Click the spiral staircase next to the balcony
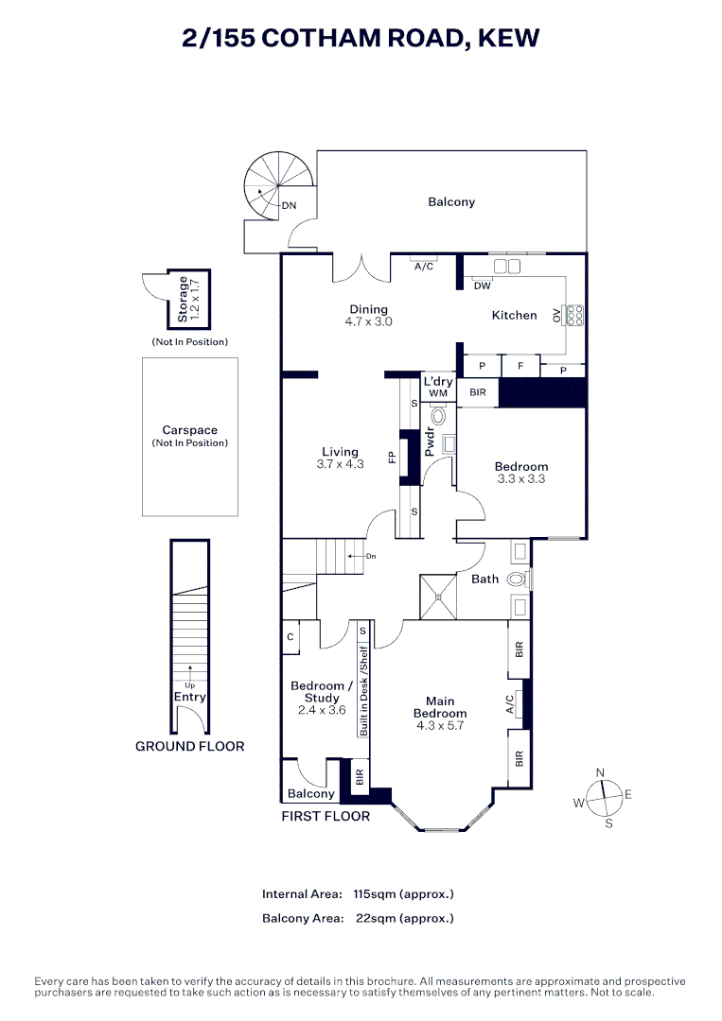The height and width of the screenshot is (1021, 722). [275, 186]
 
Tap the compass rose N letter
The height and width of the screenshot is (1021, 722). [600, 772]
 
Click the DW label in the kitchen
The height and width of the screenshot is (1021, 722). [483, 286]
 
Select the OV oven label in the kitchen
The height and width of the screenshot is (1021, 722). [557, 316]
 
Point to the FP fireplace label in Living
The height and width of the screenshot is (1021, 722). [391, 458]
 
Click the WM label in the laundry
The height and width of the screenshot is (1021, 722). [437, 393]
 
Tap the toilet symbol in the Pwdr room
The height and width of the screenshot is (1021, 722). [439, 416]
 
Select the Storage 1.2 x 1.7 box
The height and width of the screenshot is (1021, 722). [189, 300]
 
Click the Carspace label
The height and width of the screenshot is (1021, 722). [189, 430]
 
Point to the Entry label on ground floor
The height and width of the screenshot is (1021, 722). [189, 697]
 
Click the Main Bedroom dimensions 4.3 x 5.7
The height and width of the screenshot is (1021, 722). [440, 726]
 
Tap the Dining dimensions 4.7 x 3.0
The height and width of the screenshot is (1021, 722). [368, 321]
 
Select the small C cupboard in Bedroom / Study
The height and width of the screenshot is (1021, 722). [291, 638]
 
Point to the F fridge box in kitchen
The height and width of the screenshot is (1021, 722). [520, 364]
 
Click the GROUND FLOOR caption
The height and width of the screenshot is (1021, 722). [189, 746]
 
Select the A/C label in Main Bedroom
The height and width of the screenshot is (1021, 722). [510, 704]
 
